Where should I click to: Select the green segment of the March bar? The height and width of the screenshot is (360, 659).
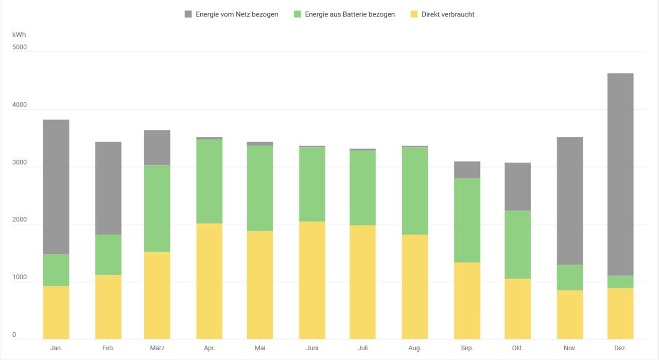[x=157, y=209]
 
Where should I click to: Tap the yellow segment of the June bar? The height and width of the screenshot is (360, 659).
[x=312, y=280]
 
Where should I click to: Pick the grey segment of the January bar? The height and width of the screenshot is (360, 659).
[x=56, y=186]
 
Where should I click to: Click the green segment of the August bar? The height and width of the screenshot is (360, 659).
[x=414, y=191]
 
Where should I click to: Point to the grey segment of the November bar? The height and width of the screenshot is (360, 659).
[x=569, y=201]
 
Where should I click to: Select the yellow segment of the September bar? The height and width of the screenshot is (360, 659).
[x=467, y=301]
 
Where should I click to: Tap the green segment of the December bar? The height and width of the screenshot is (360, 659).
[x=620, y=282]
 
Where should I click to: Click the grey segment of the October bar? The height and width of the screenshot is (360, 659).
[x=517, y=186]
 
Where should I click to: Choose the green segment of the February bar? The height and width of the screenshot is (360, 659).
[x=108, y=255]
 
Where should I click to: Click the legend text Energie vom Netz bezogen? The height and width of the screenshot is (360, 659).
[x=237, y=14]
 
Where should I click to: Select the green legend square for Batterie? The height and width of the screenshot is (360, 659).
[x=297, y=14]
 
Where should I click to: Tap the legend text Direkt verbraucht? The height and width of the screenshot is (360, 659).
[x=447, y=14]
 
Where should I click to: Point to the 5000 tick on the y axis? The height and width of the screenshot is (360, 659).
[x=20, y=47]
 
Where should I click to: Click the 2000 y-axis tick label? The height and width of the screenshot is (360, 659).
[x=20, y=220]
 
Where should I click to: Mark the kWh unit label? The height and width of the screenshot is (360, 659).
[x=19, y=35]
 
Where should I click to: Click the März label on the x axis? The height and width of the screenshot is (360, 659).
[x=157, y=348]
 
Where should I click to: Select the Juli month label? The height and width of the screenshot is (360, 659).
[x=363, y=348]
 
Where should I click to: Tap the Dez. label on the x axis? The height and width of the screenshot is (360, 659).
[x=620, y=348]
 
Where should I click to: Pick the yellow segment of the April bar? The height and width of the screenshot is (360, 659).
[x=209, y=281]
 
